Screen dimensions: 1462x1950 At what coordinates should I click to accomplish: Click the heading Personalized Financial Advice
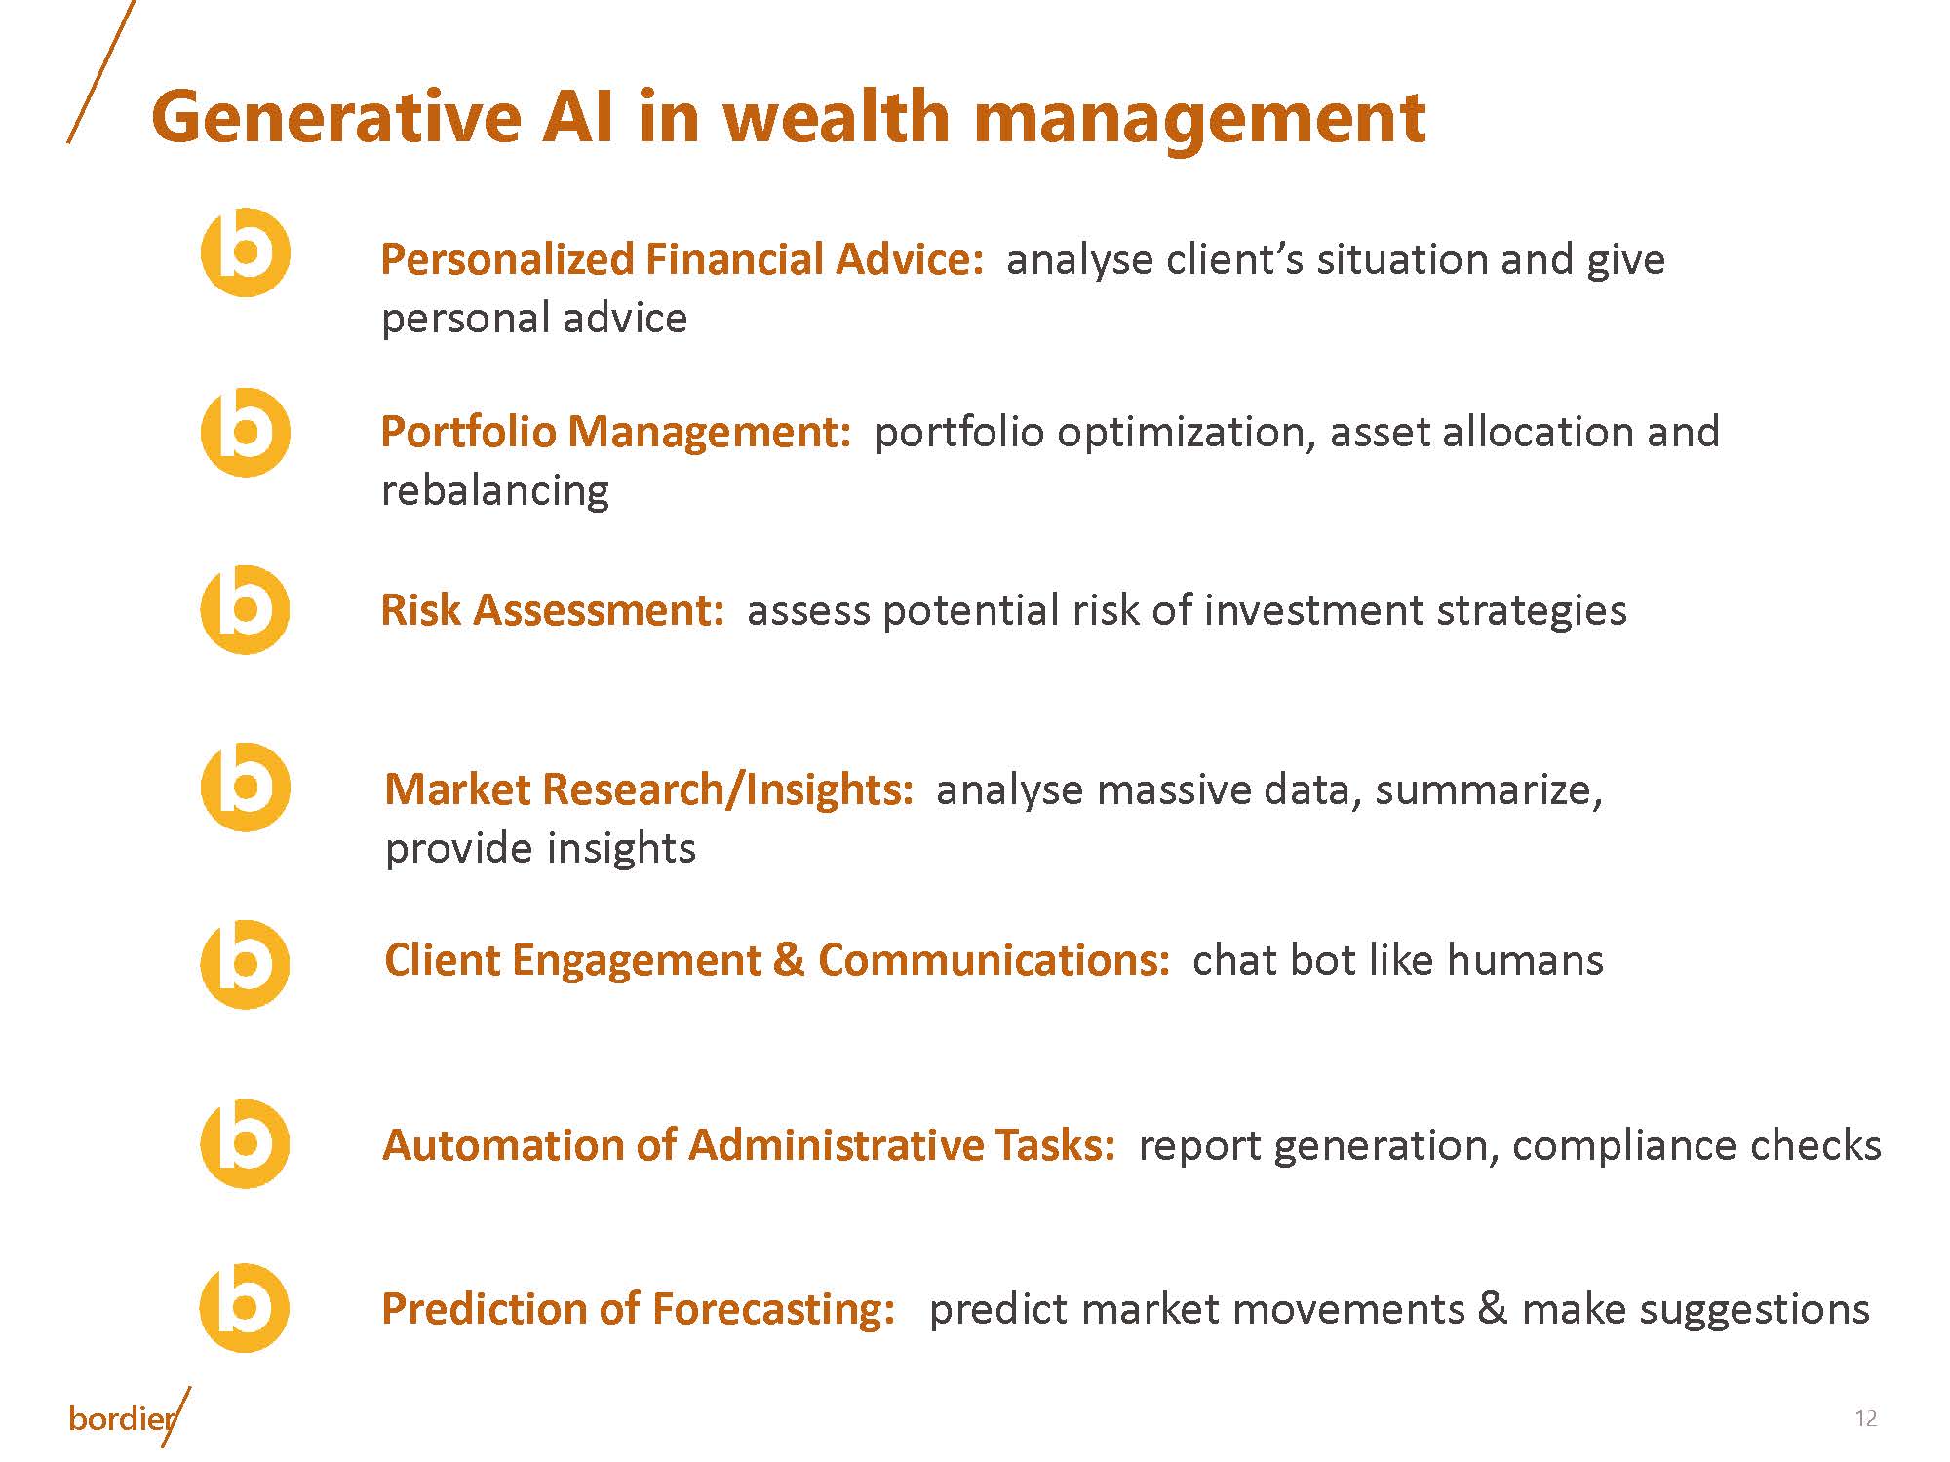pyautogui.click(x=682, y=260)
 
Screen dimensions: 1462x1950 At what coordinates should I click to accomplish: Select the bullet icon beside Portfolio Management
pyautogui.click(x=246, y=432)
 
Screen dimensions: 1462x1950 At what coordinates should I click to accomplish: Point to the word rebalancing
pyautogui.click(x=494, y=490)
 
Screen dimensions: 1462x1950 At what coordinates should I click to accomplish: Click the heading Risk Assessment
pyautogui.click(x=552, y=611)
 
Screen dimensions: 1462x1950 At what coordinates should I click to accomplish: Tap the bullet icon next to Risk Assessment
pyautogui.click(x=246, y=610)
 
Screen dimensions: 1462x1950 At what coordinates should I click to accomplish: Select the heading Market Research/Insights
pyautogui.click(x=648, y=789)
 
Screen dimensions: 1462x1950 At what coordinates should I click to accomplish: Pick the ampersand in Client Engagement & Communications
pyautogui.click(x=789, y=961)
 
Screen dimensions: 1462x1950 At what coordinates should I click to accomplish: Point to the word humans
pyautogui.click(x=1525, y=961)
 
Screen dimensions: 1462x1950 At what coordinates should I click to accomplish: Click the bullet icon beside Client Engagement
pyautogui.click(x=246, y=964)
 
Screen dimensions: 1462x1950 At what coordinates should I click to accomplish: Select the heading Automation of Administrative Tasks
pyautogui.click(x=748, y=1145)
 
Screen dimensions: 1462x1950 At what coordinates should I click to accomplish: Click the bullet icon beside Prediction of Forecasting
pyautogui.click(x=246, y=1307)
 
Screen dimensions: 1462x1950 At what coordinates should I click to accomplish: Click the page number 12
pyautogui.click(x=1865, y=1418)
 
